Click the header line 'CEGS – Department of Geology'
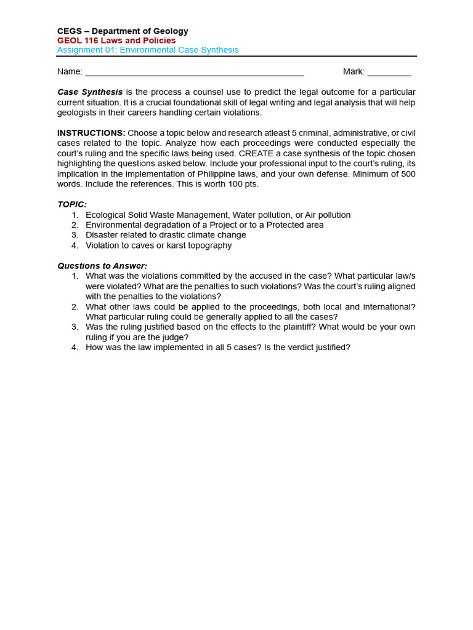(x=123, y=31)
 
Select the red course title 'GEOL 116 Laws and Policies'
(x=116, y=41)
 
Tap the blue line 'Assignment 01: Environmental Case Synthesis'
(x=148, y=50)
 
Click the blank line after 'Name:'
(x=194, y=72)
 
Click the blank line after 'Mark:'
(x=389, y=72)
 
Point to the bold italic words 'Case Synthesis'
(x=90, y=92)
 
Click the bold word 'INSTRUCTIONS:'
(x=91, y=133)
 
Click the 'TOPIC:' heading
(x=72, y=204)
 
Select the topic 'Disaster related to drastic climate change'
(x=166, y=235)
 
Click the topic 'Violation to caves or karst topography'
(x=159, y=245)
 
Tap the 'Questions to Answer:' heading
(x=102, y=266)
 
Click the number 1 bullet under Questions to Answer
(x=75, y=276)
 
